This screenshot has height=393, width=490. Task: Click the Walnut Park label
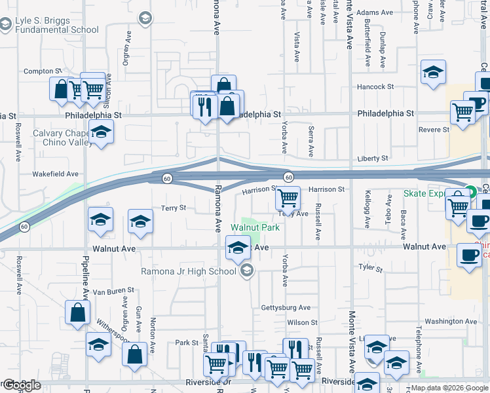(255, 228)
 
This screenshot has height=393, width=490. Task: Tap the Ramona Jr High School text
(189, 271)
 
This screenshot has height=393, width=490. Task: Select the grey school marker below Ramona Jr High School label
(247, 271)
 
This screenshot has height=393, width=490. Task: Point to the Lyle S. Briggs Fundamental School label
(56, 25)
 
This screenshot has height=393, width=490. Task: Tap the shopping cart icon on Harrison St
(288, 197)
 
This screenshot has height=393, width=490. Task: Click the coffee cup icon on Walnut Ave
(468, 254)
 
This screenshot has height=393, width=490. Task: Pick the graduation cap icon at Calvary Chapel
(101, 134)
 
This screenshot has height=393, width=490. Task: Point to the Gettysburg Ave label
(286, 307)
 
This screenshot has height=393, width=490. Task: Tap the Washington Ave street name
(450, 321)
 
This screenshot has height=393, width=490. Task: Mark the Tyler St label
(370, 267)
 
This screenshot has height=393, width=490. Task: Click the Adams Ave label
(375, 12)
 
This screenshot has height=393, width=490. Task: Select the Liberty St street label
(373, 159)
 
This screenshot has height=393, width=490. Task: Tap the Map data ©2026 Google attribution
(449, 388)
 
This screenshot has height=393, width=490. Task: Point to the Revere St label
(432, 130)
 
